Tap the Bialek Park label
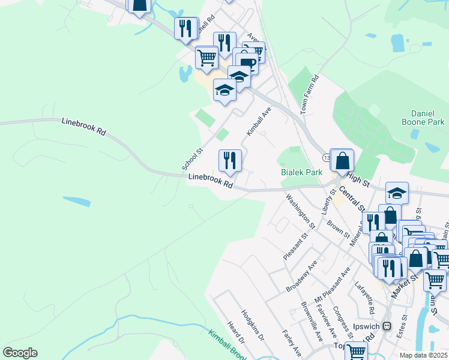tap(302, 172)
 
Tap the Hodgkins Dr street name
tap(253, 325)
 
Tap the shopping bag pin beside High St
tap(342, 161)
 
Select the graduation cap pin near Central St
tap(397, 193)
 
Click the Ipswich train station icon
tap(387, 326)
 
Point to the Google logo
tap(20, 353)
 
